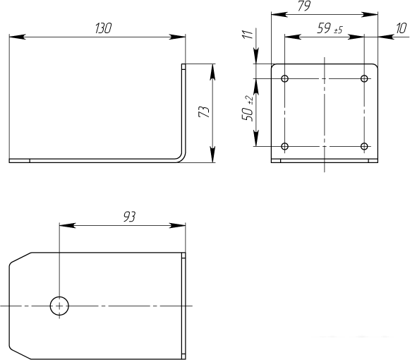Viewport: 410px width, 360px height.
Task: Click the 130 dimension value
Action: (x=104, y=28)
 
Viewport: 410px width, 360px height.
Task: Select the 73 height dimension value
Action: (x=204, y=112)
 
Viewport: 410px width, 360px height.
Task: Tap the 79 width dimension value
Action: (x=304, y=6)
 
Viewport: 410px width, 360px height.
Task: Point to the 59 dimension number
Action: (x=324, y=28)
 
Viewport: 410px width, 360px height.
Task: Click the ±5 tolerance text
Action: (x=338, y=30)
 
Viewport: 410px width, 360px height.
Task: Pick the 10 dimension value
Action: (x=402, y=28)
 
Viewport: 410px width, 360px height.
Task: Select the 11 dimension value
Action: (x=248, y=35)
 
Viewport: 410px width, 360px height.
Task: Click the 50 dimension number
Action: (x=248, y=114)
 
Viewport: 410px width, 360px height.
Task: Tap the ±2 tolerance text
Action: (x=250, y=100)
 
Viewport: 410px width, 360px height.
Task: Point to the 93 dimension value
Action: (x=130, y=217)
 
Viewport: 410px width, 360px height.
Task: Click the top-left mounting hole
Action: (x=285, y=78)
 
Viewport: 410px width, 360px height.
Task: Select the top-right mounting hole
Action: (x=364, y=78)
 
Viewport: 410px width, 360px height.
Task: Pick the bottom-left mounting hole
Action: (x=285, y=146)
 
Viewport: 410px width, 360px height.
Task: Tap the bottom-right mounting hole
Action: (x=364, y=146)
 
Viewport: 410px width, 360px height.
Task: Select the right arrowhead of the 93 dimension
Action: (x=178, y=225)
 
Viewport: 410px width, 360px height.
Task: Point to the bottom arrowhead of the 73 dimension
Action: (x=212, y=155)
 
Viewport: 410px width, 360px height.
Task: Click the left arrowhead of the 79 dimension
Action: (x=279, y=14)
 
